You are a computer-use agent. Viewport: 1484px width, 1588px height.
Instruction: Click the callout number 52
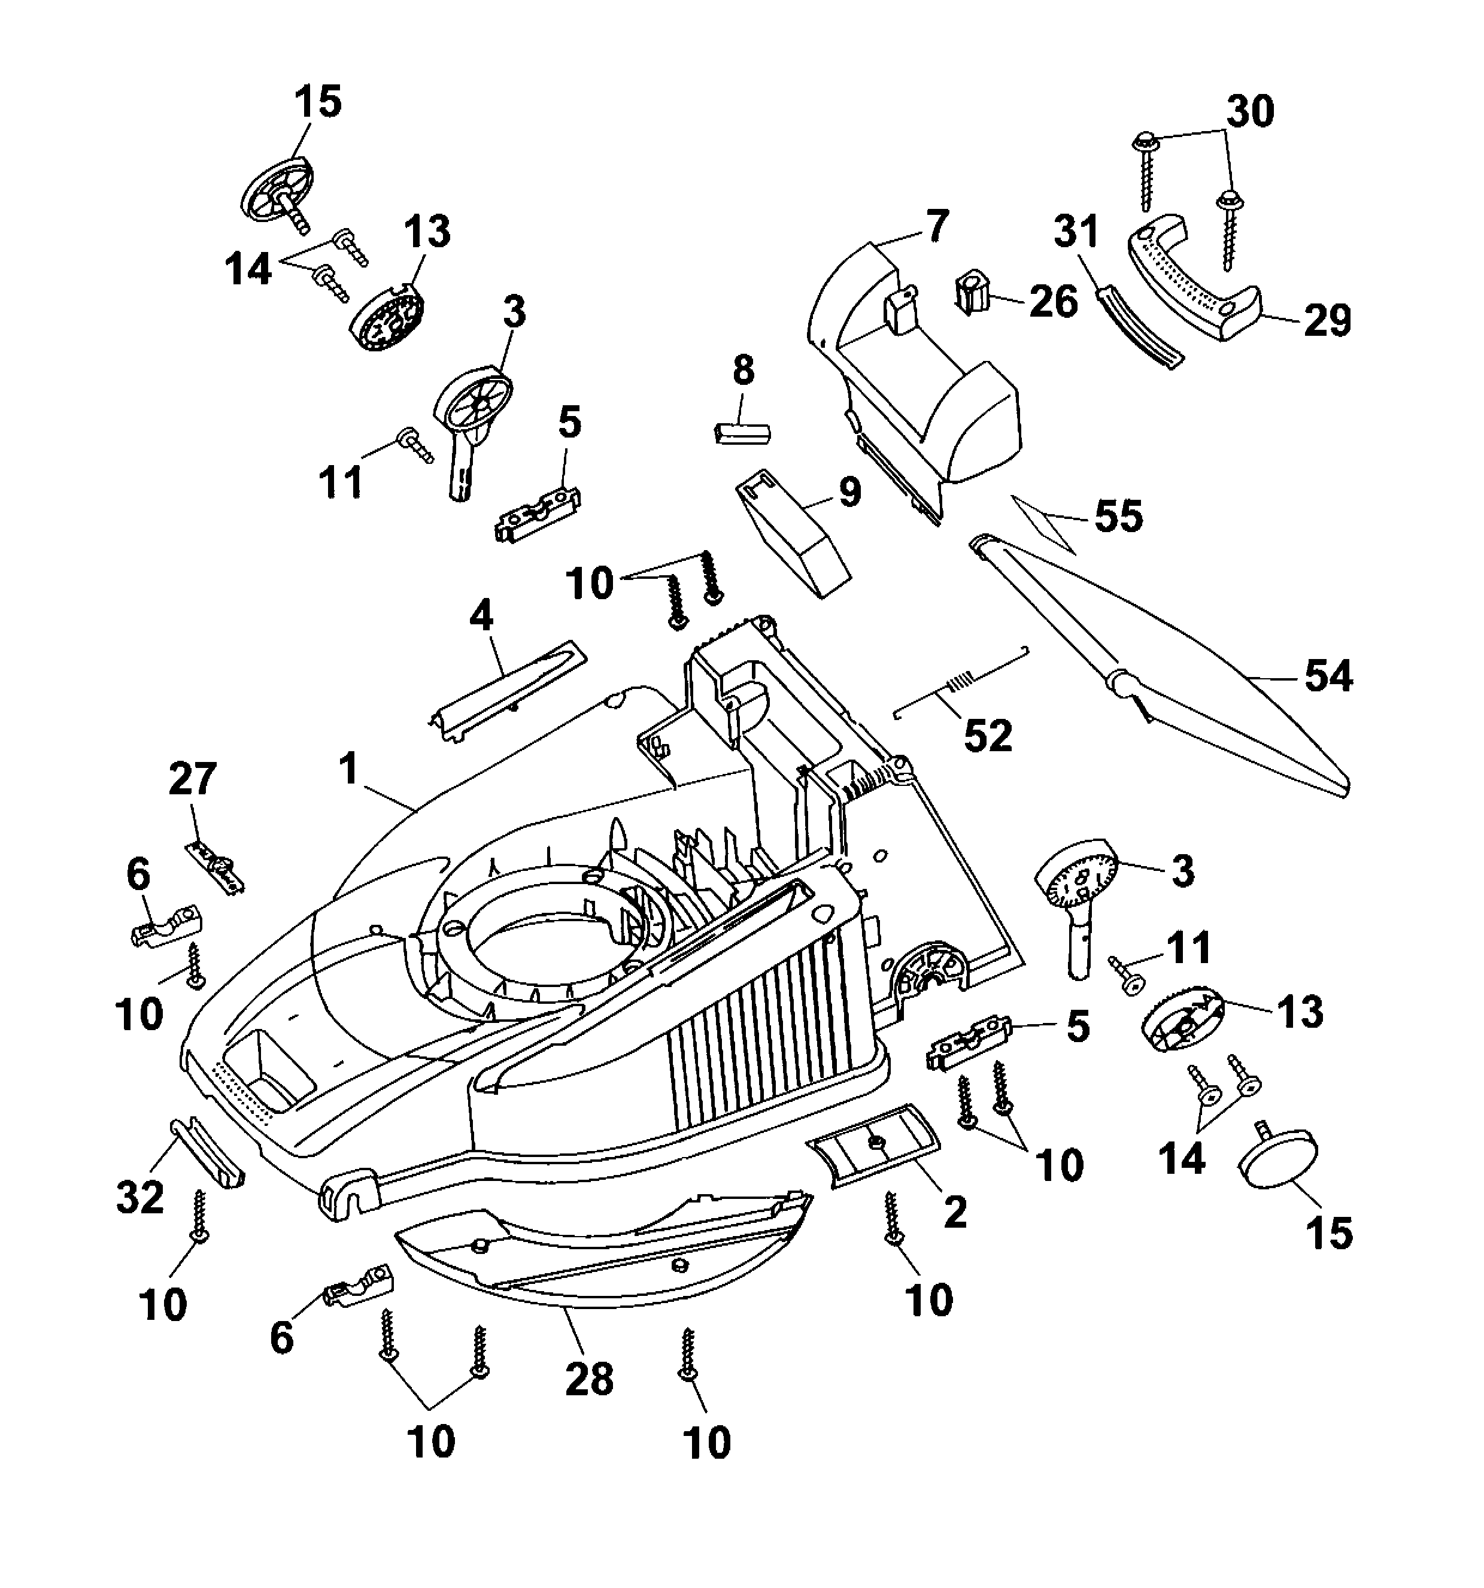point(987,736)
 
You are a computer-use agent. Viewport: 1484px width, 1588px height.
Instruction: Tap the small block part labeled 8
point(743,432)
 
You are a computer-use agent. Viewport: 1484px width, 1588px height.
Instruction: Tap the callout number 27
point(193,779)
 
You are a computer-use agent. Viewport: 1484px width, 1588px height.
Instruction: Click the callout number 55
point(1118,516)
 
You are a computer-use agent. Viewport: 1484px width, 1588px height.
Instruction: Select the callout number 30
point(1250,112)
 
